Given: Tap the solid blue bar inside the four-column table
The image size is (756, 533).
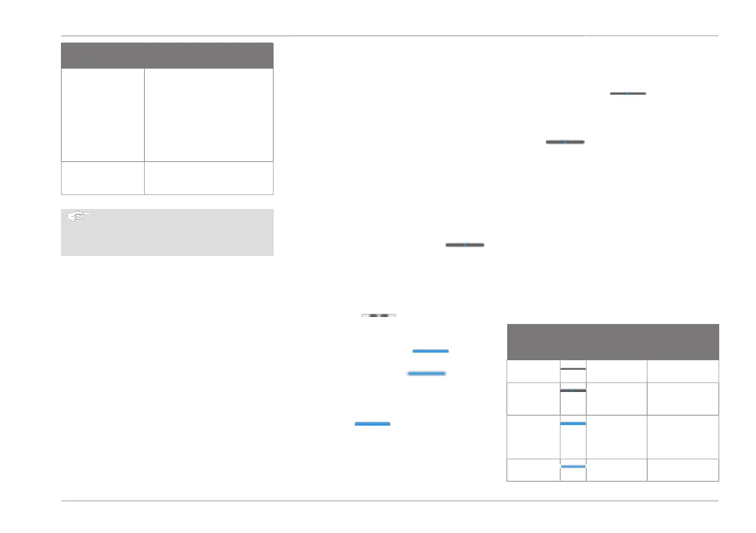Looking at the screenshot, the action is tap(573, 423).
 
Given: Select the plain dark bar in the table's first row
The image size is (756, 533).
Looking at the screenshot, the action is tap(573, 368).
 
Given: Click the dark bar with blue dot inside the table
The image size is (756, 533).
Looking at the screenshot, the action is tap(573, 390).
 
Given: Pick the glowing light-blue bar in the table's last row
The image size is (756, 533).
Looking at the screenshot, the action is tap(573, 467).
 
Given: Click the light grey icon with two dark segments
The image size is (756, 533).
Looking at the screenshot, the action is tap(378, 314).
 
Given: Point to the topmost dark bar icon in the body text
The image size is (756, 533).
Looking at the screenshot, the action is tap(628, 93).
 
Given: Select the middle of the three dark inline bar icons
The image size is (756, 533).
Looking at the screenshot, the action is tap(565, 142).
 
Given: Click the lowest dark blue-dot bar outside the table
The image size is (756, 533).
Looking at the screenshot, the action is tap(465, 244).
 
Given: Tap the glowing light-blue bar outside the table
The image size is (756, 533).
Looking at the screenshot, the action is tap(427, 374).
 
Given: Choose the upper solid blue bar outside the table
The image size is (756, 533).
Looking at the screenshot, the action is tap(430, 351).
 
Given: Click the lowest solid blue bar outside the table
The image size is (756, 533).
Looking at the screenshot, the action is tap(372, 423).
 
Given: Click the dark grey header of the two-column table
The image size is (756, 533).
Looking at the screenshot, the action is tap(167, 55).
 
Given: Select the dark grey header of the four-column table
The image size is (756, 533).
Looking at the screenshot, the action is tap(613, 342).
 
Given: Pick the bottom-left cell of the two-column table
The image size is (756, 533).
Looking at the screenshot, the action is tap(102, 178).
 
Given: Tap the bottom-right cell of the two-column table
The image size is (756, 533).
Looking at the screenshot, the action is tap(208, 178).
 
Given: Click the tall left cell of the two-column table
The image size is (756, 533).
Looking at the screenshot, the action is tap(102, 115).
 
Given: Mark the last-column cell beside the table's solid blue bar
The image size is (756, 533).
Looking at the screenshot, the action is tap(682, 436).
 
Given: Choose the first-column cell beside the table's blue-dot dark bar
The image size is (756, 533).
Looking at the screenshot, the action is tap(533, 398).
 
